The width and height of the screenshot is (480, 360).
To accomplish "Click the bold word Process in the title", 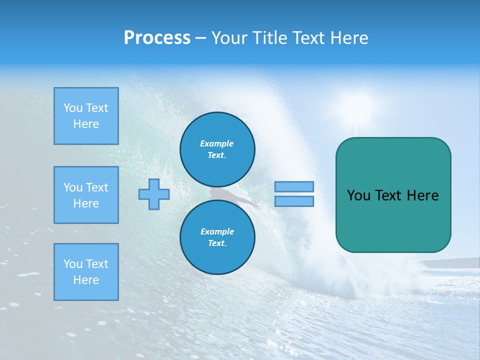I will pos(157,38).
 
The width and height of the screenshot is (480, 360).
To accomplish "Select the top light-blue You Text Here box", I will pos(86,116).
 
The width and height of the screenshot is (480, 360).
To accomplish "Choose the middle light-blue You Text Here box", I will pos(86,195).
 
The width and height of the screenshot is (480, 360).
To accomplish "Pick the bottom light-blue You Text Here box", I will pos(86,271).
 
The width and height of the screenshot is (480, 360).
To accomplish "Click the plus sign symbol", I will pos(154,194).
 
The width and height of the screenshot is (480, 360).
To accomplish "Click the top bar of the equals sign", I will pos(294,186).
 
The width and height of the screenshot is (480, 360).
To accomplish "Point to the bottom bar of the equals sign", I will pos(294,201).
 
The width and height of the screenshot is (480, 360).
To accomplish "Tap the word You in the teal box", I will pos(358,195).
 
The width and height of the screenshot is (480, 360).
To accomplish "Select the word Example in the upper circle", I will pos(216,143).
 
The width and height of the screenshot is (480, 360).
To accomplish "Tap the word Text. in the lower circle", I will pos(217,243).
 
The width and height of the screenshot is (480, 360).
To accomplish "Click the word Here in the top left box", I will pos(86,124).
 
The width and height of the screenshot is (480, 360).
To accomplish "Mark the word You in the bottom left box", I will pos(73,264).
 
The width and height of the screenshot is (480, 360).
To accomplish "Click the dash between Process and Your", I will pos(200,38).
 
